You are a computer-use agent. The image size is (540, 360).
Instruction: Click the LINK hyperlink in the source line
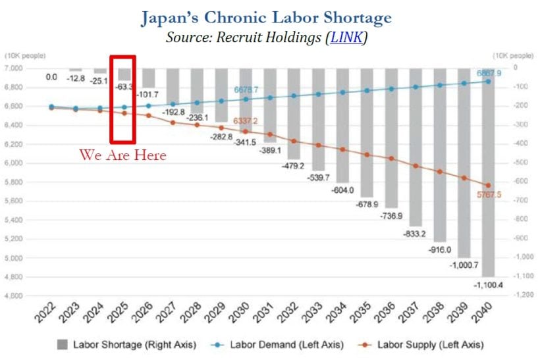click(346, 38)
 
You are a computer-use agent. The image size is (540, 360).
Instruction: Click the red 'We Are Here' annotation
click(122, 155)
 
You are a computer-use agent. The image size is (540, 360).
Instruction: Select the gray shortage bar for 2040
click(487, 178)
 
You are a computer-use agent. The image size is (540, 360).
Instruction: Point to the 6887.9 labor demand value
click(488, 73)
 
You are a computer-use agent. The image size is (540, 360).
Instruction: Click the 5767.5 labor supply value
click(488, 195)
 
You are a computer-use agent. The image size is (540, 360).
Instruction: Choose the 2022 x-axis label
click(45, 315)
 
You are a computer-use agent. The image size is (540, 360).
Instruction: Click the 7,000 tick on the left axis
click(14, 68)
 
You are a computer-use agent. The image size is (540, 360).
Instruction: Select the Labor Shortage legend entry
click(112, 344)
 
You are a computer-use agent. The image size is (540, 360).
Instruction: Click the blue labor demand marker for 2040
click(488, 81)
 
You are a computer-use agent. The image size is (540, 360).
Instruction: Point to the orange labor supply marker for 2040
click(488, 186)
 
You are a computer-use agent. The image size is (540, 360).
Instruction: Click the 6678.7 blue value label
click(246, 90)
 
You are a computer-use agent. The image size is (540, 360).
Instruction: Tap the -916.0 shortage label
click(438, 250)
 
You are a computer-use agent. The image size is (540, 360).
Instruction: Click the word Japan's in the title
click(176, 18)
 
